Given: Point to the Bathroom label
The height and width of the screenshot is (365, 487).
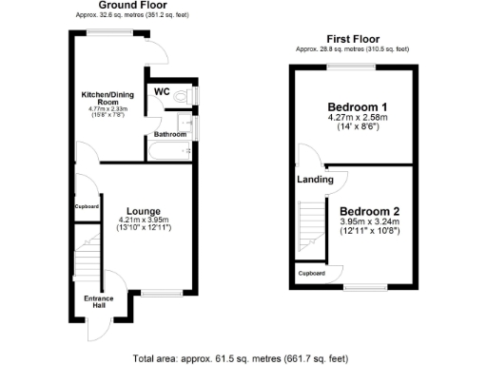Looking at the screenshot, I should coord(171,134).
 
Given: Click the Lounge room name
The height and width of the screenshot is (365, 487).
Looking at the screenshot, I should coord(143,210).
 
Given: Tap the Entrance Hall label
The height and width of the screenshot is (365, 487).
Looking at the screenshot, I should coord(98,302).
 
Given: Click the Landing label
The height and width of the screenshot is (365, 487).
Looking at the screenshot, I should coord(315,179).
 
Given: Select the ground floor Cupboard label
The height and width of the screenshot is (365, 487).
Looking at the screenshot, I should coord(87,206).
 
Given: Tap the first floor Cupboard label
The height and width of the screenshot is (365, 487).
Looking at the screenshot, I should coord(312,274).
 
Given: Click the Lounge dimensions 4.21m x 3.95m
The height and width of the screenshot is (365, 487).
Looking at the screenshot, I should coord(143,220).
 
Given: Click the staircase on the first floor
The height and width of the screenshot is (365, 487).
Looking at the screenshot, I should coord(311,223).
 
